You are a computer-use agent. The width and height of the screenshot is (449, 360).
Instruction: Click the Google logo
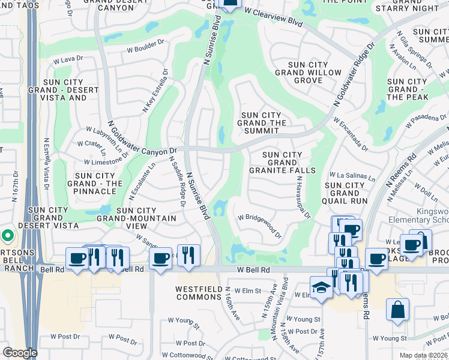(20, 353)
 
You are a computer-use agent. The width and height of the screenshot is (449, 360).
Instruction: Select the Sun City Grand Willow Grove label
(299, 73)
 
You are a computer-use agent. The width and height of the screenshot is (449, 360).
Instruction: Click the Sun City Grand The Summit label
(262, 123)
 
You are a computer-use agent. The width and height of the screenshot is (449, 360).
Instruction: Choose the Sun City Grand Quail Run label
(345, 193)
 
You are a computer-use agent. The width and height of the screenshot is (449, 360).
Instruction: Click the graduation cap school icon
(321, 287)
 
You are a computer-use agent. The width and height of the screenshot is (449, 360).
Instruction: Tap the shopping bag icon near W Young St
(397, 310)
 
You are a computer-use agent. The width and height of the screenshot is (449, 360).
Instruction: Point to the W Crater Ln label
(91, 144)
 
